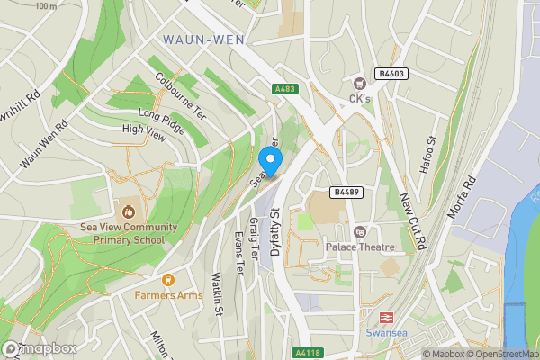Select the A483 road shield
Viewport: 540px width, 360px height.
click(x=283, y=89)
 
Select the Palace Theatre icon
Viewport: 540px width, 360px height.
click(x=360, y=231)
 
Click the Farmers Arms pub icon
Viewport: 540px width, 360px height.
click(x=167, y=280)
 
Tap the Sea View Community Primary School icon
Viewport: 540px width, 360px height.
click(x=128, y=212)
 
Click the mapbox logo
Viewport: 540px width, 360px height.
click(x=40, y=348)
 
